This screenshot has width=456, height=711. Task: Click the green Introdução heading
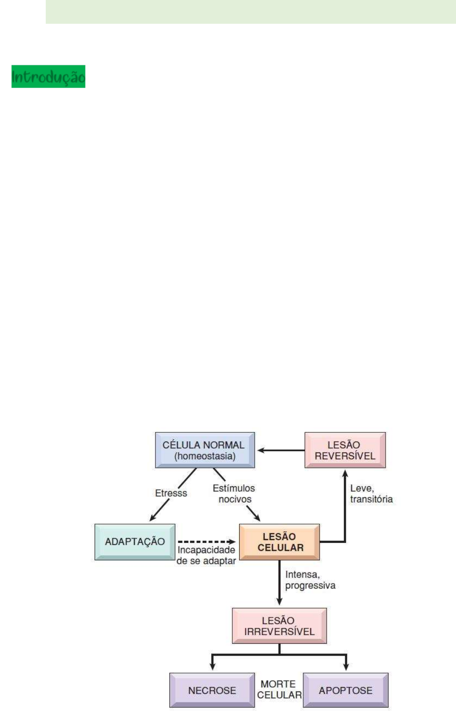tap(48, 76)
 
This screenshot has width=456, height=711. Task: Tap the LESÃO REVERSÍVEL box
tap(345, 450)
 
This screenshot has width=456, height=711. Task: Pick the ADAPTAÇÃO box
tap(134, 542)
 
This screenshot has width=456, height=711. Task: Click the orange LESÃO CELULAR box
tap(279, 542)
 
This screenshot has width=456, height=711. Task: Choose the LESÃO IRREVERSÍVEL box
tap(279, 626)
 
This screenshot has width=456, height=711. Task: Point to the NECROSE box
tap(212, 690)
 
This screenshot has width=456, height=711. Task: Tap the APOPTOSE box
tap(345, 690)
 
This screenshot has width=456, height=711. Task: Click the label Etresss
tap(171, 493)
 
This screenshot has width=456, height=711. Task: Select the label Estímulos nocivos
tap(234, 493)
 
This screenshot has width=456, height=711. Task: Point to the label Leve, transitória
tap(371, 493)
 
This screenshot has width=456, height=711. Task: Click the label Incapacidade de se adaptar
tap(206, 555)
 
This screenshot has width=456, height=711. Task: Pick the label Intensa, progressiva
tap(310, 580)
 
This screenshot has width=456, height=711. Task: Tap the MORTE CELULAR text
tap(279, 690)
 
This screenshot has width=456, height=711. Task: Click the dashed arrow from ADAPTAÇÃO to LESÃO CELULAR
tap(206, 542)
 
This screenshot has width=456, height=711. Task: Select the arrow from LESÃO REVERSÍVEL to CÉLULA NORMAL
tap(280, 450)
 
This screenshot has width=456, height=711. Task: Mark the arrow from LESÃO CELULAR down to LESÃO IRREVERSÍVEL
tap(279, 583)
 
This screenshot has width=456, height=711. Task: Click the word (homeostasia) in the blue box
tap(204, 456)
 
